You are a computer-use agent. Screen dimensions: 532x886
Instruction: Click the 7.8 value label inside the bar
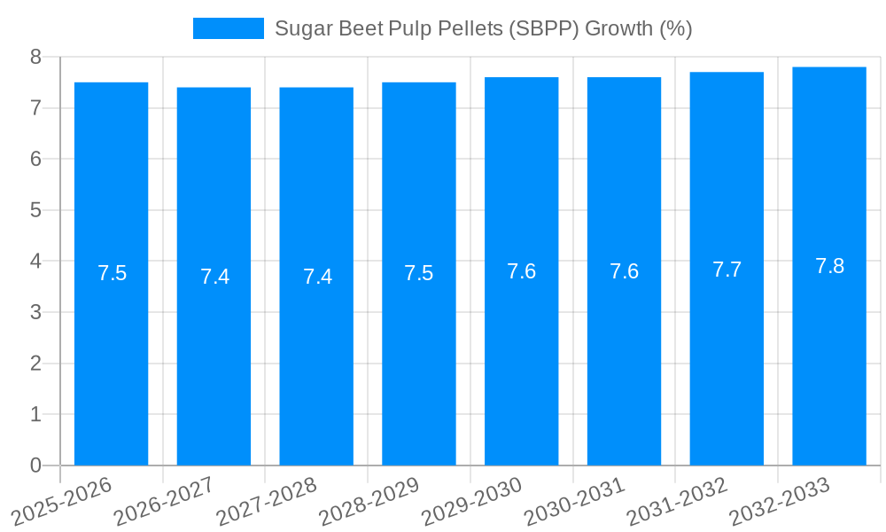click(829, 266)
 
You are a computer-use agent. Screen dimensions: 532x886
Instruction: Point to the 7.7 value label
click(727, 270)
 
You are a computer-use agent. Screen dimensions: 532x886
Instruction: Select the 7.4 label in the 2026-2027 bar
click(214, 277)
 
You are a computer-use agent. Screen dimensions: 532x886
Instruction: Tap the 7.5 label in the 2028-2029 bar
click(418, 273)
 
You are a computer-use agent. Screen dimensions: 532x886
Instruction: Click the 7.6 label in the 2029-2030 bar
click(521, 271)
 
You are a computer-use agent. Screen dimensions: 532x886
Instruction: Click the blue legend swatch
click(228, 28)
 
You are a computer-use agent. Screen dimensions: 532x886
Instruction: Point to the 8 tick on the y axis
click(35, 57)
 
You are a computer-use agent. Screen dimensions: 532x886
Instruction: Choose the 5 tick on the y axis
click(35, 210)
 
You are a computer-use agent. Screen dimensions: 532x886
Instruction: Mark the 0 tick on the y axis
click(35, 465)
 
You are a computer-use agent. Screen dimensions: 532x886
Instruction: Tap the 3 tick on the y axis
click(35, 312)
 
